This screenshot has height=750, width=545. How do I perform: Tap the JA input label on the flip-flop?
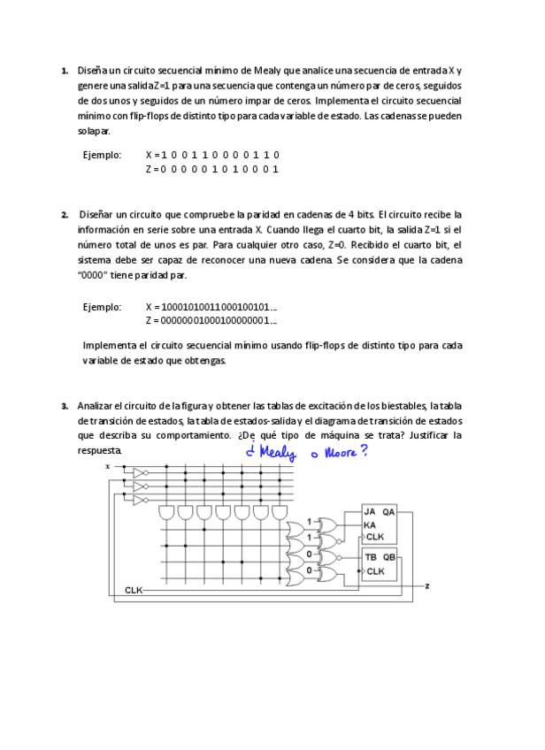click(x=370, y=512)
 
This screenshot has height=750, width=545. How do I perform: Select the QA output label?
click(x=389, y=512)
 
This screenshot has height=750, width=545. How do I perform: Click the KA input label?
click(x=370, y=524)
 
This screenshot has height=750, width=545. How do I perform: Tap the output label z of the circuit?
click(x=427, y=585)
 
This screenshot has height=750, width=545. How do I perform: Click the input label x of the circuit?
click(x=108, y=465)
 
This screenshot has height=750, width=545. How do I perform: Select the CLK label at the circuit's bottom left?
click(x=134, y=589)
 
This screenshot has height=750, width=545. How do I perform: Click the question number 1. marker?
click(x=65, y=70)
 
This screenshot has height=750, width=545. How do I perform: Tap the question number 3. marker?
click(x=65, y=407)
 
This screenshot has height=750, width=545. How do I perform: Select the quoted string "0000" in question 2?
click(x=96, y=275)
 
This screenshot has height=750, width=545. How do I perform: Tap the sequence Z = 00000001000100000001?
click(x=211, y=321)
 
